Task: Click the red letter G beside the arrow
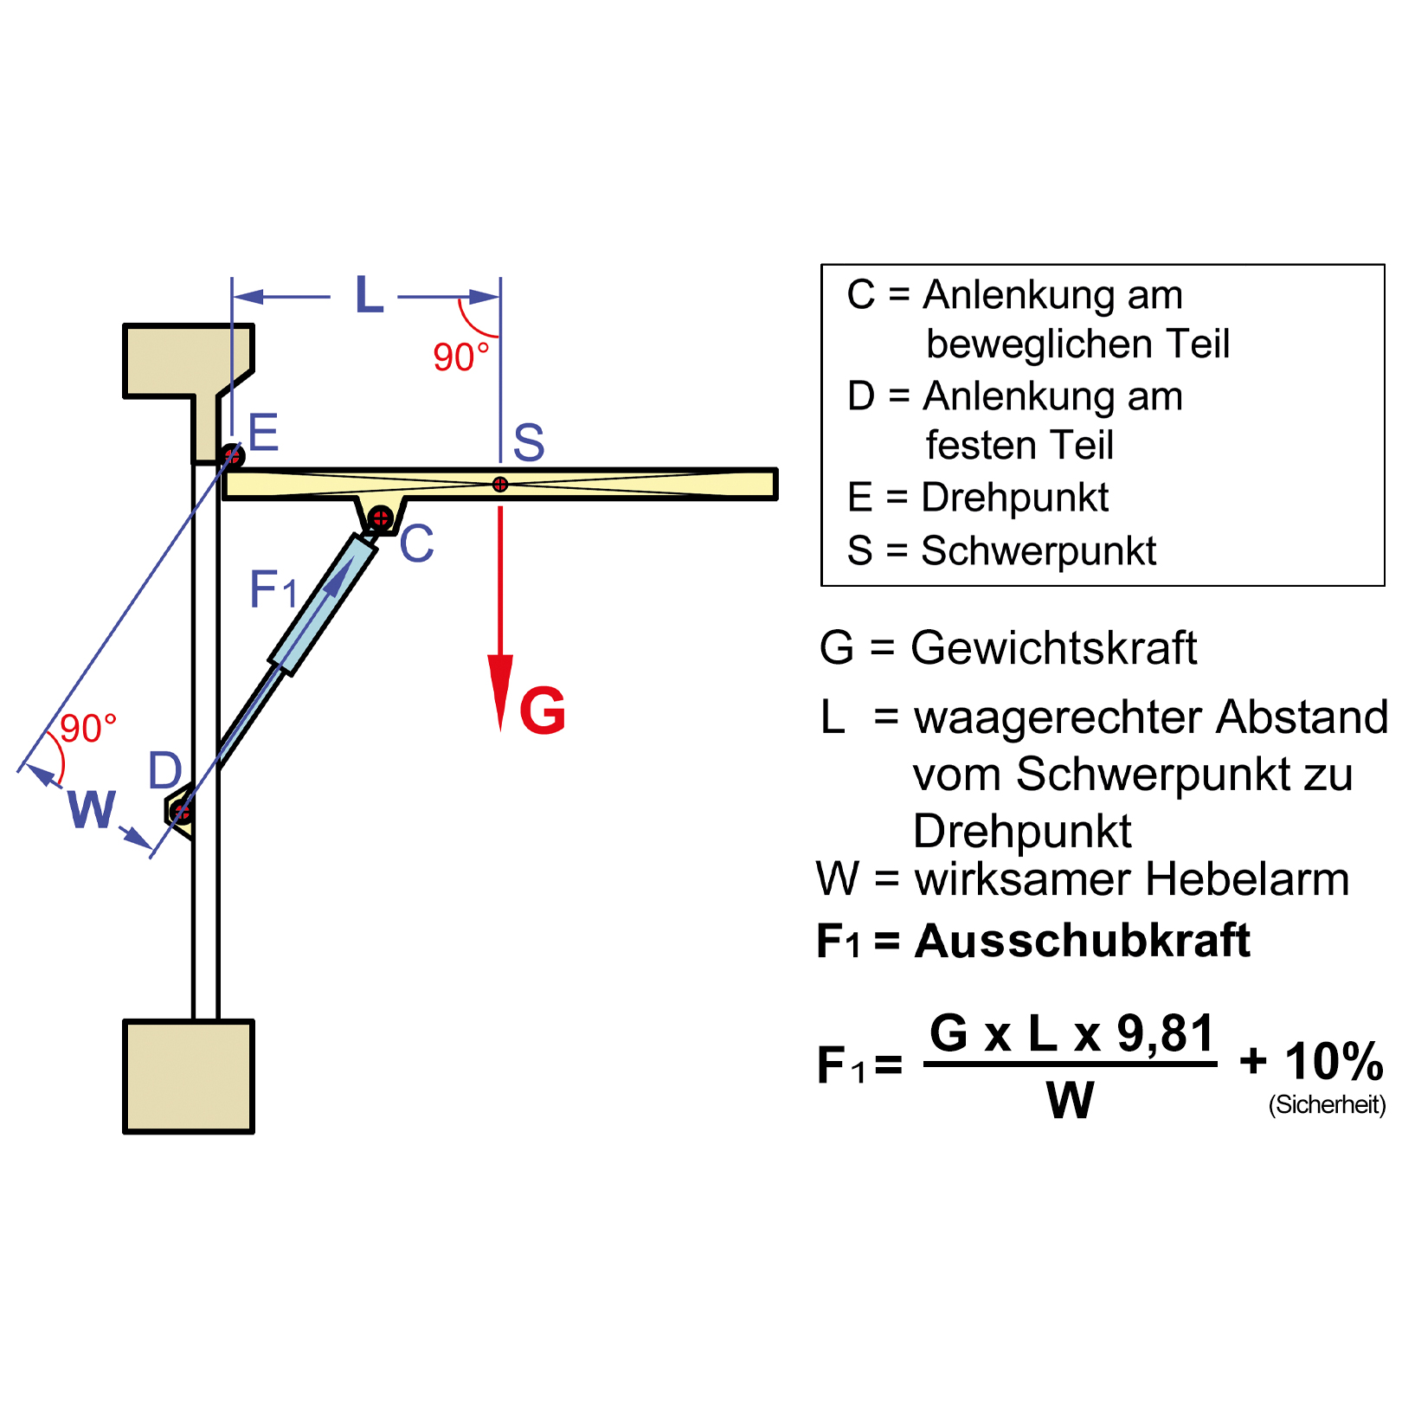[x=542, y=711]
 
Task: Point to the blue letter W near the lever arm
[x=91, y=810]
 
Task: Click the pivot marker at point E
[x=232, y=455]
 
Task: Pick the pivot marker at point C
[x=380, y=518]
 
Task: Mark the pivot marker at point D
[x=181, y=812]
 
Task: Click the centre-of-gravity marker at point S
[x=500, y=485]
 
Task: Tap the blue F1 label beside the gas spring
[x=273, y=590]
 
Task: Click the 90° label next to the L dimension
[x=460, y=357]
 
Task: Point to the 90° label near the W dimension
[x=87, y=729]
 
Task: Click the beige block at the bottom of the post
[x=189, y=1077]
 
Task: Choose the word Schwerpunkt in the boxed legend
[x=1039, y=551]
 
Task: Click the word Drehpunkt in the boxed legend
[x=1014, y=498]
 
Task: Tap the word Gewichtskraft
[x=1053, y=648]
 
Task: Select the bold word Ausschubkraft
[x=1083, y=941]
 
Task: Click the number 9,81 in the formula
[x=1166, y=1033]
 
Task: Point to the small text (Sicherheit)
[x=1327, y=1105]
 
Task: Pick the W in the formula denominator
[x=1071, y=1101]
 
